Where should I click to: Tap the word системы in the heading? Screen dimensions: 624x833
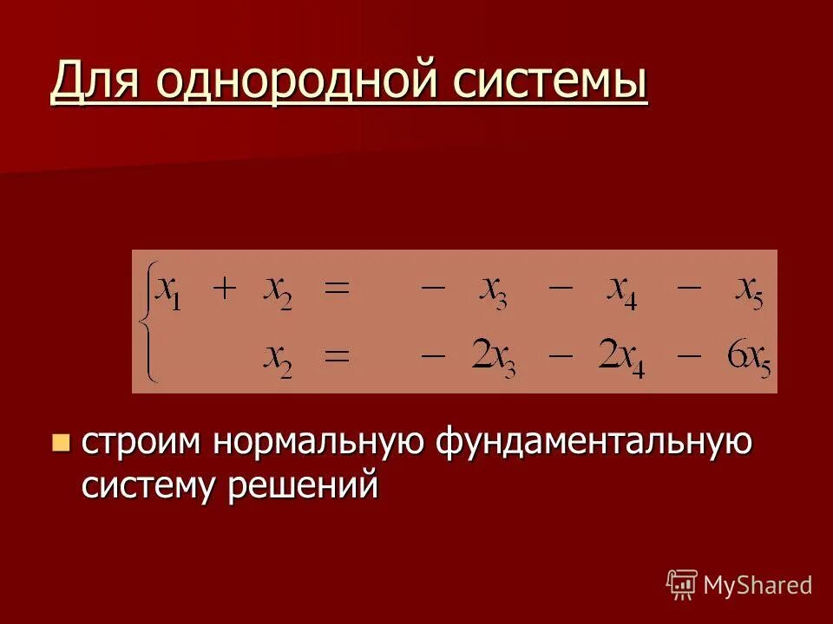pyautogui.click(x=547, y=84)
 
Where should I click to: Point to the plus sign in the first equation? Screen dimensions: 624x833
pyautogui.click(x=224, y=289)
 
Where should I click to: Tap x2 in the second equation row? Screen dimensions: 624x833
pyautogui.click(x=279, y=357)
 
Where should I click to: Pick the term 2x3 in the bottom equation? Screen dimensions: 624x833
pyautogui.click(x=493, y=357)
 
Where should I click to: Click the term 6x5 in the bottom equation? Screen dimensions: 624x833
pyautogui.click(x=748, y=357)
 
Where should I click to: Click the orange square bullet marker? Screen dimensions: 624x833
pyautogui.click(x=60, y=443)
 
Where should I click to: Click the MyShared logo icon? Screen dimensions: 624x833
pyautogui.click(x=682, y=585)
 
